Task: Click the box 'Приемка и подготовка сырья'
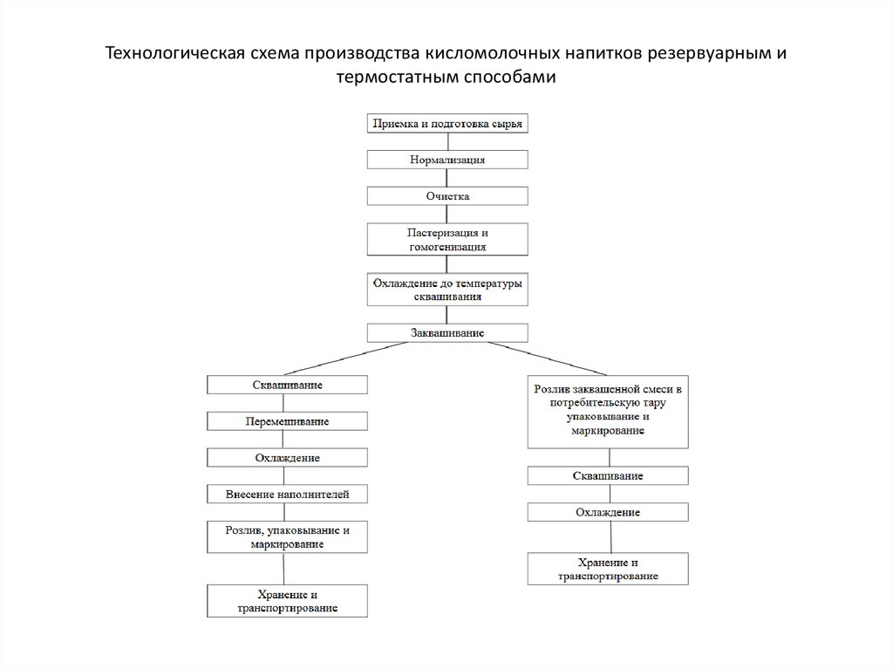pyautogui.click(x=447, y=123)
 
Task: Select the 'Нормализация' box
pyautogui.click(x=447, y=160)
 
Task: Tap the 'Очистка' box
pyautogui.click(x=447, y=196)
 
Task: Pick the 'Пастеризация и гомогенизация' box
pyautogui.click(x=447, y=239)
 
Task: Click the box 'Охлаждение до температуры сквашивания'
pyautogui.click(x=447, y=290)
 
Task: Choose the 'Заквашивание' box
pyautogui.click(x=447, y=333)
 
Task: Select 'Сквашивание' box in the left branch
pyautogui.click(x=287, y=385)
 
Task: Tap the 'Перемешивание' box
pyautogui.click(x=287, y=421)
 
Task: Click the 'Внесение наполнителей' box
pyautogui.click(x=287, y=494)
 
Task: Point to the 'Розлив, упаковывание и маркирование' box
pyautogui.click(x=287, y=536)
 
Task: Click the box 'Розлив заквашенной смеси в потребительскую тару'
pyautogui.click(x=608, y=412)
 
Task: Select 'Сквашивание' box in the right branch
pyautogui.click(x=608, y=476)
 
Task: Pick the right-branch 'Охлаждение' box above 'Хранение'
pyautogui.click(x=608, y=512)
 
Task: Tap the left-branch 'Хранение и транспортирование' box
pyautogui.click(x=287, y=601)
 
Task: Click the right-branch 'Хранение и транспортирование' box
pyautogui.click(x=608, y=569)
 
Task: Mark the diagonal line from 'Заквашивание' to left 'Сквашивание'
pyautogui.click(x=347, y=358)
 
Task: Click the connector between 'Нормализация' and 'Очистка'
pyautogui.click(x=447, y=178)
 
